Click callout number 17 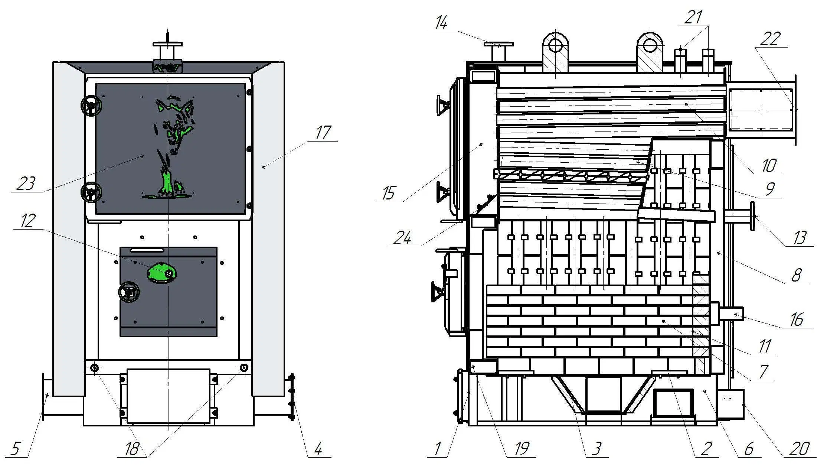[x=323, y=133]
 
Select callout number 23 [x=26, y=183]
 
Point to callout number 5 [x=15, y=449]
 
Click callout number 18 [x=132, y=449]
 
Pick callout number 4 [x=318, y=449]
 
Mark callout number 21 [x=693, y=17]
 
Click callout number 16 [x=797, y=319]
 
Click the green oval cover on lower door [x=162, y=273]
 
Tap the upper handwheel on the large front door [x=91, y=106]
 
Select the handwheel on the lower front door [x=129, y=293]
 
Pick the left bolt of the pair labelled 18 [x=95, y=368]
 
